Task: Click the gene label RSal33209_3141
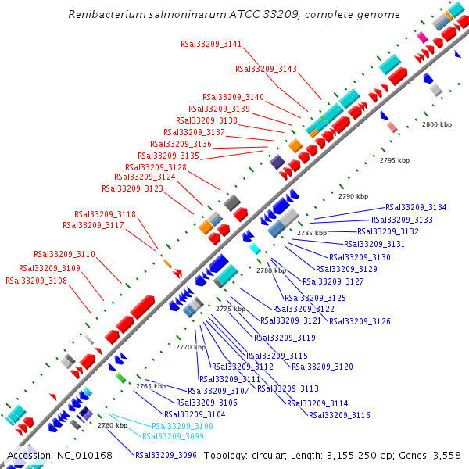click(x=211, y=44)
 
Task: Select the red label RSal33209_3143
click(x=267, y=69)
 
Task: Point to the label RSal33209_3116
click(x=339, y=415)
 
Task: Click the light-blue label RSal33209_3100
click(x=182, y=426)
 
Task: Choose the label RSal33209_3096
click(x=166, y=454)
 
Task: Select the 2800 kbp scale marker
click(x=437, y=124)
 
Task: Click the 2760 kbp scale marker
click(x=112, y=425)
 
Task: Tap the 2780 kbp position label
click(x=271, y=270)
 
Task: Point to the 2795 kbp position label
click(x=395, y=160)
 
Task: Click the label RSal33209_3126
click(x=360, y=321)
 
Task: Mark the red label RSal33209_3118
click(x=106, y=214)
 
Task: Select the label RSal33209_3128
click(x=156, y=167)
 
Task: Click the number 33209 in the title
click(x=290, y=15)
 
